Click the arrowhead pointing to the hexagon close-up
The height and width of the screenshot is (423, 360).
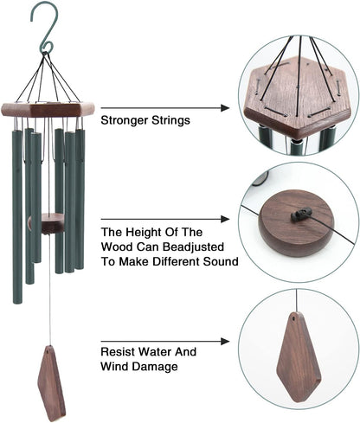pos(227,109)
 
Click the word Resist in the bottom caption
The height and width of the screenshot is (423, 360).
pos(119,351)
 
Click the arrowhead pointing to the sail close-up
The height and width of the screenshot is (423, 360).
pos(226,342)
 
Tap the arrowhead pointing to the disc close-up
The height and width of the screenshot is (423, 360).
pos(227,219)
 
